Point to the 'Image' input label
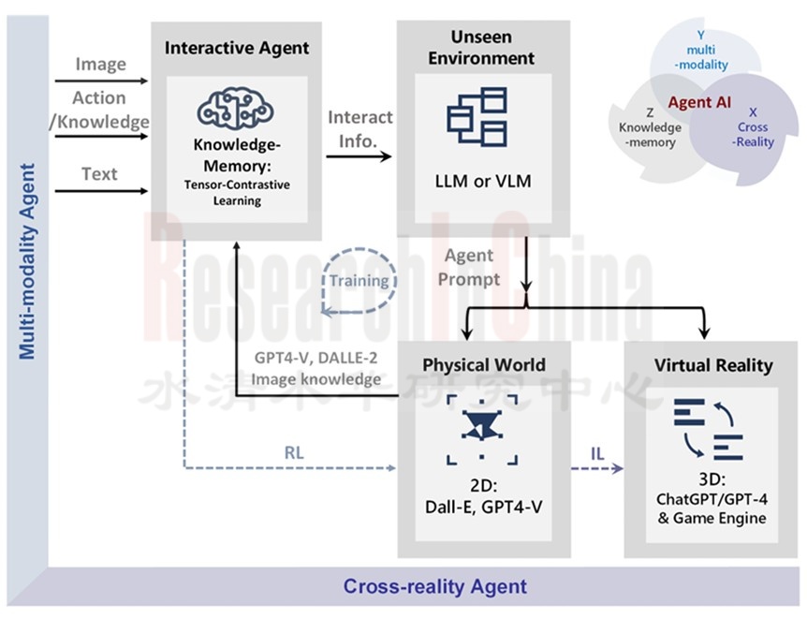[101, 64]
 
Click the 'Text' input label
[99, 173]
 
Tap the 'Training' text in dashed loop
[359, 280]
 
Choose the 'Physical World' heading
[483, 364]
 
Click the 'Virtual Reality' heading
[713, 364]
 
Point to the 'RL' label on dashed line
[295, 453]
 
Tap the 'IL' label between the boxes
[597, 454]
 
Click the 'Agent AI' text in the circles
[700, 102]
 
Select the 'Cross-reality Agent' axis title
[434, 587]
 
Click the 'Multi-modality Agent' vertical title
[28, 262]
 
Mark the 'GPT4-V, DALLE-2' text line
[317, 359]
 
